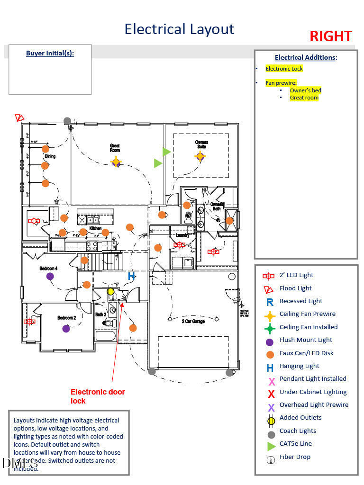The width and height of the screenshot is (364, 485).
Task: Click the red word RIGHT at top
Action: pyautogui.click(x=330, y=36)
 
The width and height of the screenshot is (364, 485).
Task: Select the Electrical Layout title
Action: pyautogui.click(x=179, y=29)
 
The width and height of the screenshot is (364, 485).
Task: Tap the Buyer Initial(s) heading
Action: pyautogui.click(x=50, y=53)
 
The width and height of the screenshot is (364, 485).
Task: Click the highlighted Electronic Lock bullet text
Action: pyautogui.click(x=284, y=69)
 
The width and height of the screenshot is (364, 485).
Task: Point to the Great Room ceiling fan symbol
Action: pyautogui.click(x=116, y=162)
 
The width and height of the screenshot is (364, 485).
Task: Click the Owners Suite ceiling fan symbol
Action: pyautogui.click(x=200, y=156)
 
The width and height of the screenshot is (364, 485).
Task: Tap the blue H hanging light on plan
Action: pyautogui.click(x=131, y=276)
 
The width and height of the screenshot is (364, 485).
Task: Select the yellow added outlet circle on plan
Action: pyautogui.click(x=110, y=291)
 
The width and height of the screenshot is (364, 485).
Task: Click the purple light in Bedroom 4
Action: pyautogui.click(x=50, y=277)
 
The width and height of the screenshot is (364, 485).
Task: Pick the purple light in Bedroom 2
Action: pyautogui.click(x=66, y=328)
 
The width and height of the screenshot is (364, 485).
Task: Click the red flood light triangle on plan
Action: pyautogui.click(x=19, y=117)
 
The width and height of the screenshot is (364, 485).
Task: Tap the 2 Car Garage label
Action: pyautogui.click(x=193, y=322)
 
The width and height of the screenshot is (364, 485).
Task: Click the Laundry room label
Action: pyautogui.click(x=182, y=235)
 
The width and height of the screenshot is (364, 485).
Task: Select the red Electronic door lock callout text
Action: pyautogui.click(x=98, y=396)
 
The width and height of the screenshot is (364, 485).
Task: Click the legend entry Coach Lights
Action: pyautogui.click(x=298, y=431)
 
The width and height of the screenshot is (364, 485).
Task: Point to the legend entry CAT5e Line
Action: pyautogui.click(x=296, y=444)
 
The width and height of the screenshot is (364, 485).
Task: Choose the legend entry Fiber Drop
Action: pyautogui.click(x=295, y=457)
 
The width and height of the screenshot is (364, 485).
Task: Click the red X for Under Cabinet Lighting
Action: pyautogui.click(x=272, y=393)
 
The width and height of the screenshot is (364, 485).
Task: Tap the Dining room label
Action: pyautogui.click(x=50, y=156)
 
